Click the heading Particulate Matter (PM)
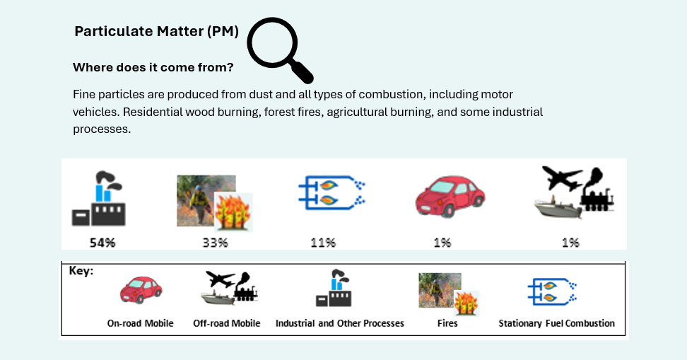point(156,31)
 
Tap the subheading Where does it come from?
point(153,67)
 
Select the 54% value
point(102,243)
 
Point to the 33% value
point(215,243)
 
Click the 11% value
point(323,243)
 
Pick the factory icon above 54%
point(99,199)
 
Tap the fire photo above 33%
point(215,203)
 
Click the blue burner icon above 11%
point(331,193)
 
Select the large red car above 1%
point(450,196)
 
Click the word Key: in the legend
point(81,271)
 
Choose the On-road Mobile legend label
point(140,323)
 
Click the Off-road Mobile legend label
point(226,323)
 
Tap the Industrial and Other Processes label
point(339,323)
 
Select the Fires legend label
point(447,323)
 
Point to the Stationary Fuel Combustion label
point(556,323)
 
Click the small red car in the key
point(141,290)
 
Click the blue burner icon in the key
point(552,291)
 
